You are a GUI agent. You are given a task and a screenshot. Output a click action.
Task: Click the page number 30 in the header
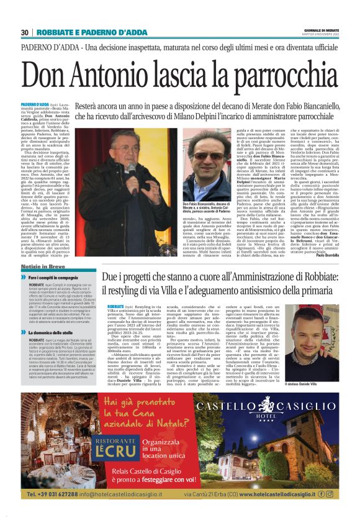[25, 32]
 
